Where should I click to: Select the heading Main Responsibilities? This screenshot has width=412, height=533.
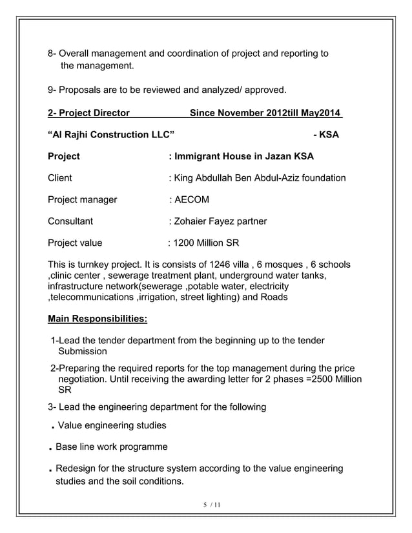pos(98,319)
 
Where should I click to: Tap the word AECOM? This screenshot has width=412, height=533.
pos(191,200)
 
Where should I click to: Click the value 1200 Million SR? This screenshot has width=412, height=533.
pos(203,244)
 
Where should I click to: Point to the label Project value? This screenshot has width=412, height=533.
pos(75,244)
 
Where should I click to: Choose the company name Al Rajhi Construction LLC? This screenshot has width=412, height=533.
pos(111,135)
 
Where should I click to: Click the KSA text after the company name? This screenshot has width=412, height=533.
pos(325,135)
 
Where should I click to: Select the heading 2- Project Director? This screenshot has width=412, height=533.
pos(88,114)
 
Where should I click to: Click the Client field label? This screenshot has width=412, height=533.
pos(60,178)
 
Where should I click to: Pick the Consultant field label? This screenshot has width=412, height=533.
pos(70,222)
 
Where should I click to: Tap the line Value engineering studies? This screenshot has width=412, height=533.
pos(112,426)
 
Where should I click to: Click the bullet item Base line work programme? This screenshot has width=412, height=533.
pos(112,447)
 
